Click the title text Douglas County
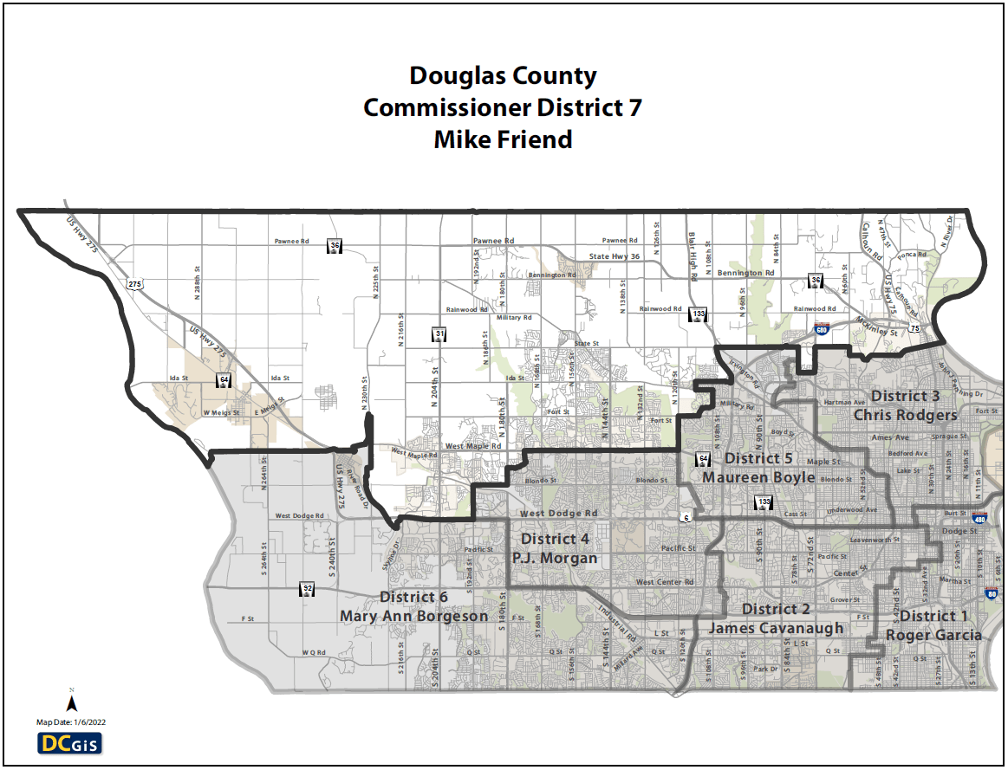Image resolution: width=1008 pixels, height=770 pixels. pos(503,76)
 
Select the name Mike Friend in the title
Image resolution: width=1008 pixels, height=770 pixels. pos(503,139)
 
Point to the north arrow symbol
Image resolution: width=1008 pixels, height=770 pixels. pos(72,702)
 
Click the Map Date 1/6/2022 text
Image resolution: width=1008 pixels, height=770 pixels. pos(71,721)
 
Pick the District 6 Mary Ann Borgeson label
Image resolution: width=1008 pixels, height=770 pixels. pos(414,606)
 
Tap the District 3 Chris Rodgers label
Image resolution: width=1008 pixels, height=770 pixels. pos(905,405)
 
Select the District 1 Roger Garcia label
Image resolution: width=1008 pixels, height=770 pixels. pos(933,625)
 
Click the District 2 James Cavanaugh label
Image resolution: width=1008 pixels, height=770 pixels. pos(776,618)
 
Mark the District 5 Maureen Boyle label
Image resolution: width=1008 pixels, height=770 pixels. pos(758,468)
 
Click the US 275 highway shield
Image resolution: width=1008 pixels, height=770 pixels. pos(134,283)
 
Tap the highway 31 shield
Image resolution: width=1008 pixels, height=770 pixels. pos(440,334)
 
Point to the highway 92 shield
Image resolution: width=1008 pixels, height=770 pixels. pos(307,589)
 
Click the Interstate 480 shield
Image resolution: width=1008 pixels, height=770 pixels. pos(979,520)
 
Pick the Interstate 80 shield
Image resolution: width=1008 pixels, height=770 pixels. pos(991,594)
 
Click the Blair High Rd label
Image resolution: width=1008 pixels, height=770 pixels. pos(693,256)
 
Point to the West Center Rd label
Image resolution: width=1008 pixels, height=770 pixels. pos(665,582)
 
